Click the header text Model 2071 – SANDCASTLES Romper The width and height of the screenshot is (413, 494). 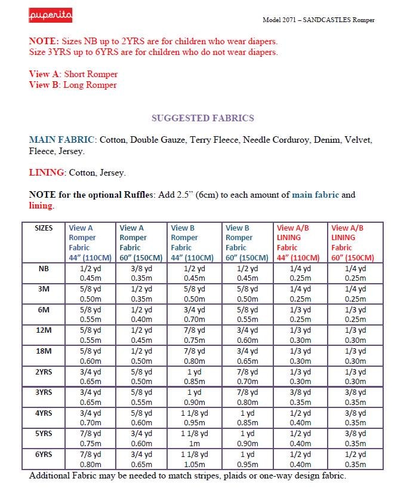319,20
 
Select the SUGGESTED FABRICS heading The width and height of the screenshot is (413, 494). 203,118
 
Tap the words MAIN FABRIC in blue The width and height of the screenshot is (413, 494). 62,140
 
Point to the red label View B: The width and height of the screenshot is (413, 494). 45,85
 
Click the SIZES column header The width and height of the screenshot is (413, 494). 44,228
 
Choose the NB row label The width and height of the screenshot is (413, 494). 44,269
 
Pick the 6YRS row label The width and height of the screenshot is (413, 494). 44,454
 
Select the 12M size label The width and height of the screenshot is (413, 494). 44,330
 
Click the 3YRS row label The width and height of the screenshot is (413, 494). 44,392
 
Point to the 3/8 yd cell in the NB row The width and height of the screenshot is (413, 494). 141,269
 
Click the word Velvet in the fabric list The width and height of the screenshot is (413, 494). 357,140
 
